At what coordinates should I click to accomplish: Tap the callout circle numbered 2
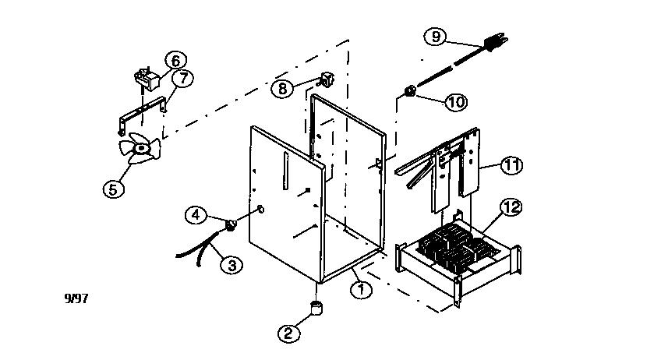point(288,334)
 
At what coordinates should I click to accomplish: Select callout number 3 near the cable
point(231,265)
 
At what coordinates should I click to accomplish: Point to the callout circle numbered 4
point(196,214)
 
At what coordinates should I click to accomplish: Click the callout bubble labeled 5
point(115,188)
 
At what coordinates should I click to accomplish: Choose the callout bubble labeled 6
point(175,61)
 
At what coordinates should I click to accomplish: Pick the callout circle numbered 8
point(283,89)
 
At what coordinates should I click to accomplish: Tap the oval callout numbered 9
point(436,36)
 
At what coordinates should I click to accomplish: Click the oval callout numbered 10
point(456,101)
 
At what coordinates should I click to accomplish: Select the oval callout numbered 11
point(511,165)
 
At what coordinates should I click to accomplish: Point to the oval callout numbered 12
point(511,208)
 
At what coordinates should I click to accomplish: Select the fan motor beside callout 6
point(145,77)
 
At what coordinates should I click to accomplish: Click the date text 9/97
point(76,298)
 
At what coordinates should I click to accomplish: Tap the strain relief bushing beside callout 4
point(232,225)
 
